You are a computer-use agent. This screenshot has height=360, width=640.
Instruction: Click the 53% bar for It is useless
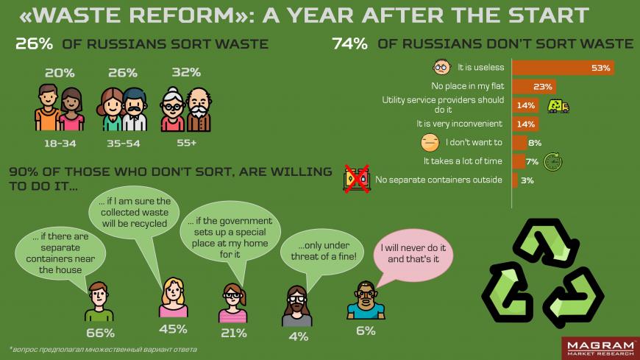click(x=563, y=68)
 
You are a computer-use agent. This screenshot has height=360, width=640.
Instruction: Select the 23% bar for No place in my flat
click(x=534, y=87)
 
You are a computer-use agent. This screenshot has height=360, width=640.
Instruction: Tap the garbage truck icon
click(x=558, y=106)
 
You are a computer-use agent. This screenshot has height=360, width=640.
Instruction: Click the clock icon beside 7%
click(x=553, y=161)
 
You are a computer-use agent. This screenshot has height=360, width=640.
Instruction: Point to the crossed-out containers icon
click(x=357, y=179)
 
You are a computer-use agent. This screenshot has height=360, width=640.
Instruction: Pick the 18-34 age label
click(x=60, y=144)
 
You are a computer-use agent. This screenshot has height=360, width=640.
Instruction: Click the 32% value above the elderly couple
click(x=186, y=72)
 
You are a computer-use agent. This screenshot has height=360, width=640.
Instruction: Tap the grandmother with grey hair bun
click(x=173, y=110)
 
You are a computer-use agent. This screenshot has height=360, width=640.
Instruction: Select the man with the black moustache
click(x=135, y=110)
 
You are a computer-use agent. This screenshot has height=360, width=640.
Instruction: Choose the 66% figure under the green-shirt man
click(x=100, y=333)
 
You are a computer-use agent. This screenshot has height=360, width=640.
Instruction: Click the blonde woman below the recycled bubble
click(x=174, y=297)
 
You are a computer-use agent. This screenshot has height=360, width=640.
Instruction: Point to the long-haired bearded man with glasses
click(x=296, y=306)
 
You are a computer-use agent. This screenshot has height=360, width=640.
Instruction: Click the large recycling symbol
click(x=543, y=273)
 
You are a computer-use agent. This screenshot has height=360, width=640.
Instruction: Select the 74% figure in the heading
click(x=350, y=43)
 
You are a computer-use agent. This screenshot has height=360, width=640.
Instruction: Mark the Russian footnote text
click(x=103, y=350)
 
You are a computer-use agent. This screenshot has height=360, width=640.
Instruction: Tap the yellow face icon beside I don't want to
click(x=430, y=143)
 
